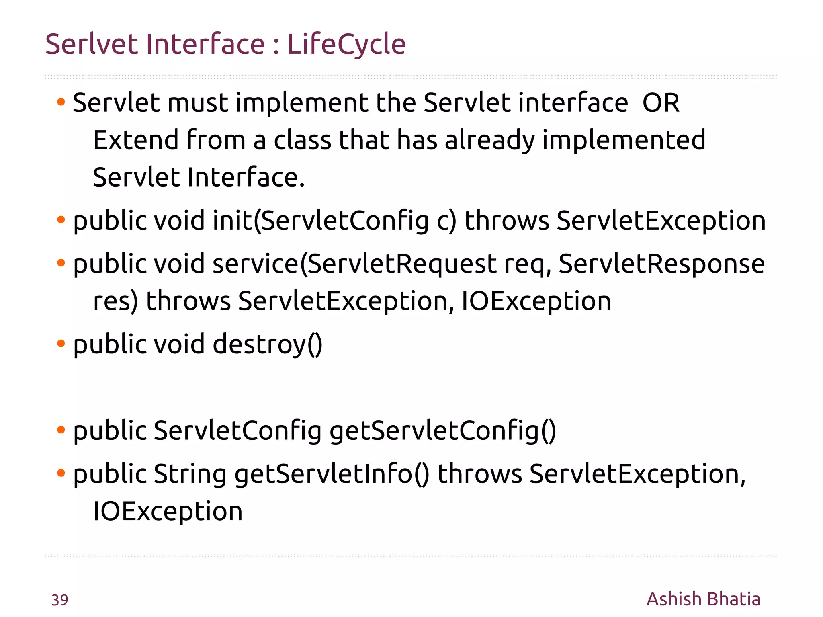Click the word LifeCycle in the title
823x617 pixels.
(346, 44)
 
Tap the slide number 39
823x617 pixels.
(59, 600)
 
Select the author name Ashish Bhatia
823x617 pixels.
(703, 599)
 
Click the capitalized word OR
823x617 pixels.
(661, 103)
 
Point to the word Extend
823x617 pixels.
(136, 140)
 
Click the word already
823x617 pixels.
(490, 141)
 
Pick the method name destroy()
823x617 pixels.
(267, 344)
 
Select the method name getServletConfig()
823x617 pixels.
(443, 431)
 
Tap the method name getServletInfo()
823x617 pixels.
(332, 474)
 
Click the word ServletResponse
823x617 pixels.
(661, 264)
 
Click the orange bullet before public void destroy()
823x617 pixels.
(61, 344)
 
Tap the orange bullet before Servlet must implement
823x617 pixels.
(61, 102)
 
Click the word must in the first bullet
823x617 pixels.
(198, 103)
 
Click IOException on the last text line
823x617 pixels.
(168, 511)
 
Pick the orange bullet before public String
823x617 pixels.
(61, 473)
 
